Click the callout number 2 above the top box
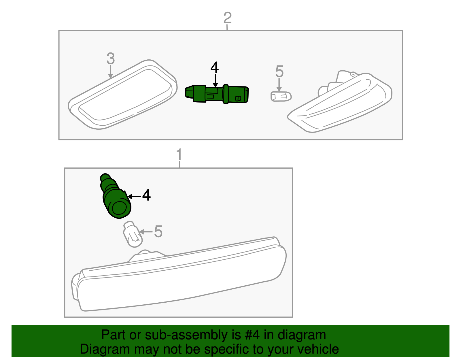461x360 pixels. click(x=227, y=18)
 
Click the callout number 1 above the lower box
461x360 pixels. click(x=179, y=155)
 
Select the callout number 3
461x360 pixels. click(x=111, y=59)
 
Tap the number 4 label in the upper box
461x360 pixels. click(x=215, y=68)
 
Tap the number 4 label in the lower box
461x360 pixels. click(x=146, y=195)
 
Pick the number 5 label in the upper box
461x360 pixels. click(x=279, y=71)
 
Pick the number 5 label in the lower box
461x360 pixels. click(x=158, y=231)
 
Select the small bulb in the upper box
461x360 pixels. click(x=281, y=96)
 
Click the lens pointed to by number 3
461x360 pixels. click(x=122, y=95)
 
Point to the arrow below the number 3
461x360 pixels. click(x=110, y=72)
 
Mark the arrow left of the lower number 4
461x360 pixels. click(x=134, y=197)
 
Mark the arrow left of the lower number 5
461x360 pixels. click(x=146, y=232)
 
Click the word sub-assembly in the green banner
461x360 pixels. click(x=186, y=335)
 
